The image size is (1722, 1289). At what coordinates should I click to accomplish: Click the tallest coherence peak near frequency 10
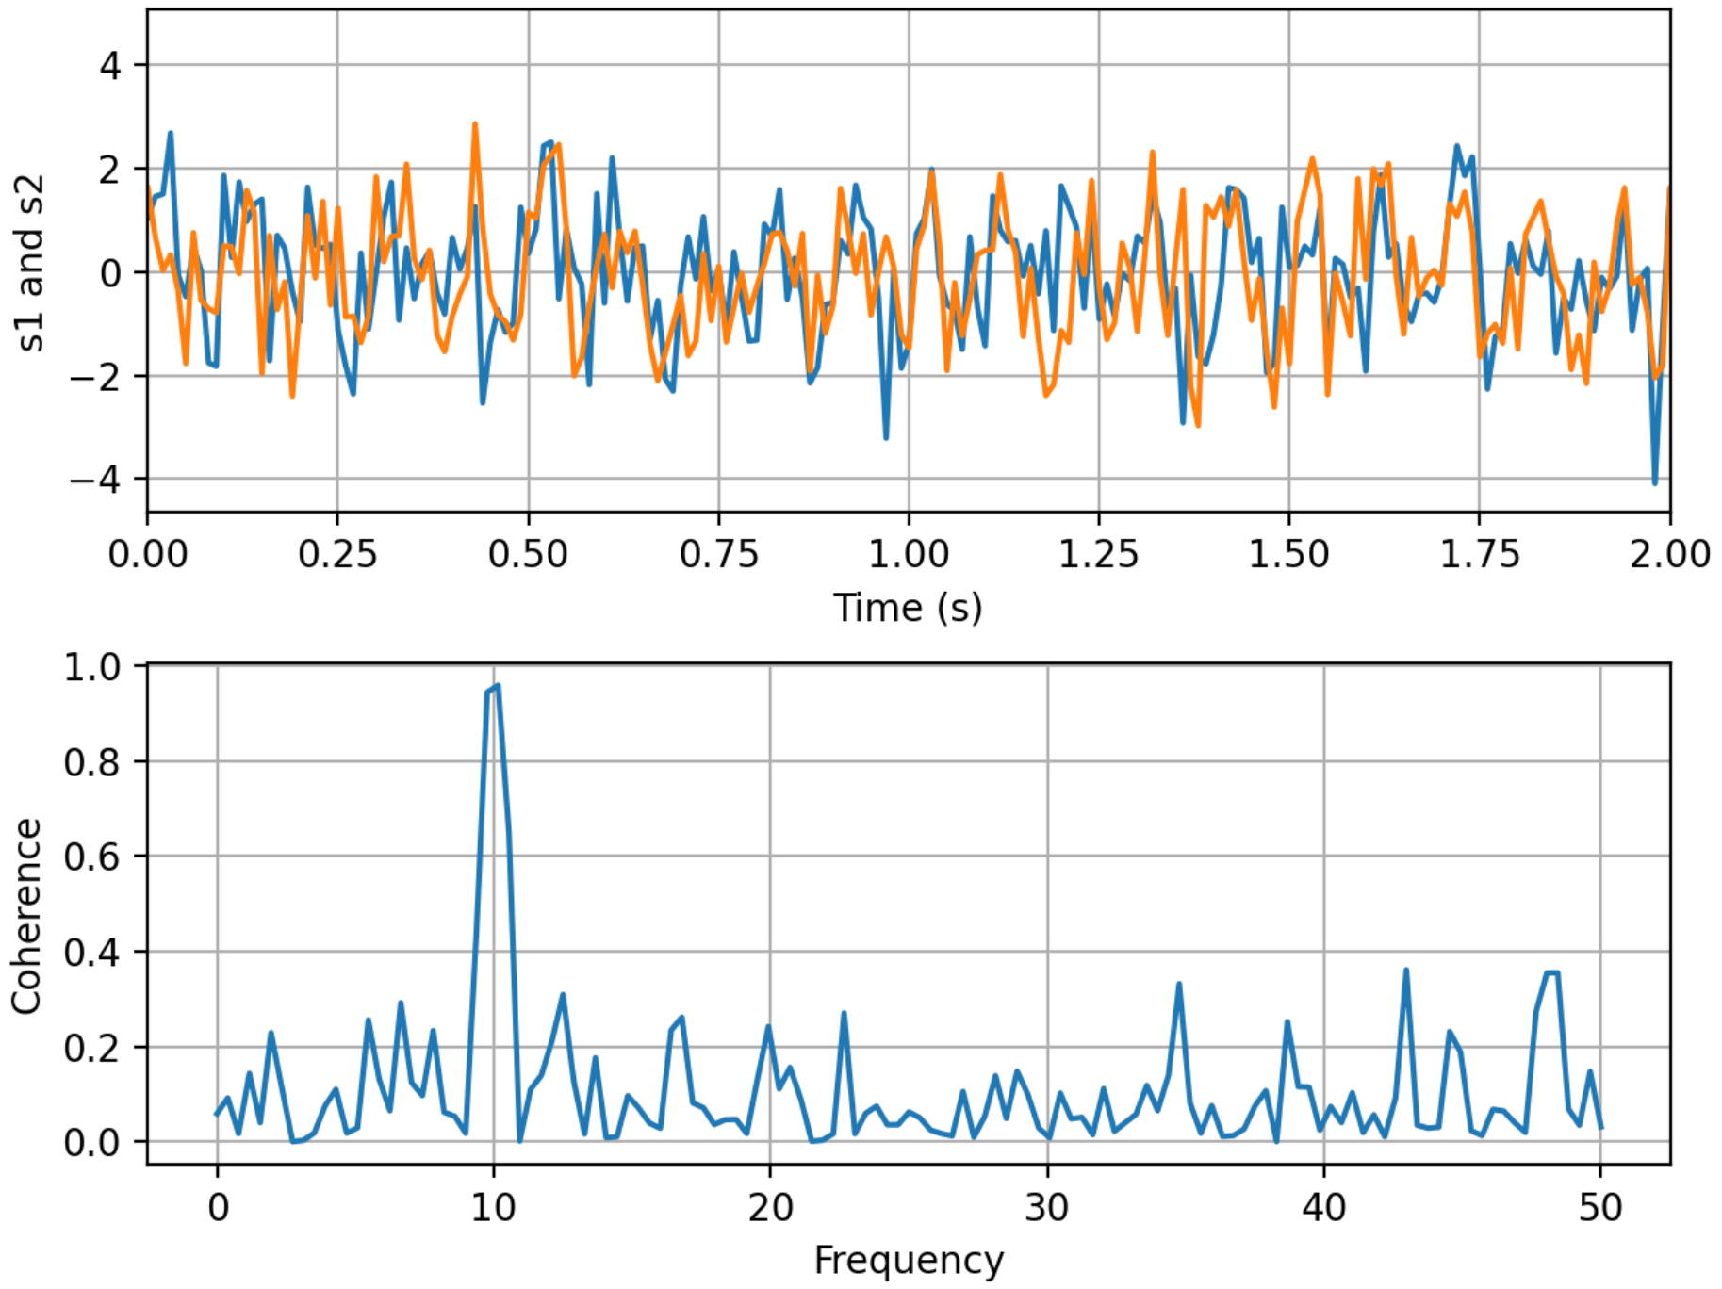click(x=497, y=686)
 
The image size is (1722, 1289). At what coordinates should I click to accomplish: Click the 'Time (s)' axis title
click(x=908, y=608)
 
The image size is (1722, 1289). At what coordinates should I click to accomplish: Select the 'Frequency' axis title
click(x=908, y=1260)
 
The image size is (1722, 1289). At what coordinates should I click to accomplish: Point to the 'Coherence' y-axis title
click(x=26, y=916)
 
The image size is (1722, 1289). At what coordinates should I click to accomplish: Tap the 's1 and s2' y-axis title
click(x=30, y=264)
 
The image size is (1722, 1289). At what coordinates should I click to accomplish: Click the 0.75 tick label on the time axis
click(x=718, y=554)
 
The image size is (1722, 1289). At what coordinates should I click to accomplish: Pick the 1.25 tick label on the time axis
click(x=1098, y=554)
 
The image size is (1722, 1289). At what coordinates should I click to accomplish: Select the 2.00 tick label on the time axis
click(x=1669, y=554)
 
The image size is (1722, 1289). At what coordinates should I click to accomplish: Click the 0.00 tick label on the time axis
click(x=148, y=554)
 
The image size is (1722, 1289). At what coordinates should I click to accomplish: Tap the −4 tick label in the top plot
click(x=96, y=480)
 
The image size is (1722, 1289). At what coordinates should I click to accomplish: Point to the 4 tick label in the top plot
click(x=111, y=66)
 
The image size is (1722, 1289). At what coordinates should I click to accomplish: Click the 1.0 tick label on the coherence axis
click(x=92, y=667)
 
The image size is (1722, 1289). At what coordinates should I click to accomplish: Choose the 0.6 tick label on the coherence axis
click(x=92, y=857)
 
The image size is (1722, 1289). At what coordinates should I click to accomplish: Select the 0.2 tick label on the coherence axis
click(x=92, y=1048)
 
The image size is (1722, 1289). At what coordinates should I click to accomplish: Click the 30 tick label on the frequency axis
click(x=1046, y=1207)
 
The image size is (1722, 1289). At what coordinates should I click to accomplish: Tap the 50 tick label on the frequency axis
click(x=1599, y=1207)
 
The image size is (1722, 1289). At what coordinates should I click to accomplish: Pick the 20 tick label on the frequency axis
click(x=770, y=1207)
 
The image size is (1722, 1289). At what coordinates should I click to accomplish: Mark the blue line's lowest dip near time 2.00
click(x=1654, y=483)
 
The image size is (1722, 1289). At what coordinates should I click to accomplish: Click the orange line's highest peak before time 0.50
click(x=475, y=124)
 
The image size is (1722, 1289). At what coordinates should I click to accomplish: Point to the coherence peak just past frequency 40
click(x=1405, y=971)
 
